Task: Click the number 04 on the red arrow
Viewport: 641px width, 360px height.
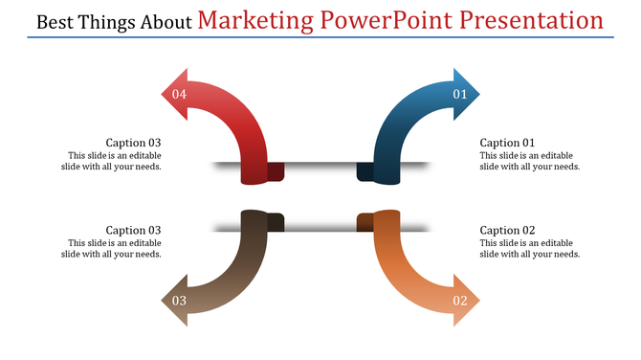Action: click(179, 94)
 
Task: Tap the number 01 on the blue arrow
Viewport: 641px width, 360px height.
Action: click(459, 94)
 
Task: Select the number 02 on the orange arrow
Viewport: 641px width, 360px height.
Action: click(459, 301)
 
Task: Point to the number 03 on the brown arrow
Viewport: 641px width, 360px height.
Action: click(179, 301)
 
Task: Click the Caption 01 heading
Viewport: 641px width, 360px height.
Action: click(507, 143)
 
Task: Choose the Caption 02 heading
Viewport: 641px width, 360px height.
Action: click(507, 230)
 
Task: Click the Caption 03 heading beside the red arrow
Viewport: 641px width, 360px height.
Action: click(133, 143)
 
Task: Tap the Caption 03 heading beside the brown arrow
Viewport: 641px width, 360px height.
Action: click(133, 230)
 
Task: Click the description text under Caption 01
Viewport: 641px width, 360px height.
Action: click(529, 161)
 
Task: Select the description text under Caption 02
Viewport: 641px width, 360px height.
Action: click(529, 248)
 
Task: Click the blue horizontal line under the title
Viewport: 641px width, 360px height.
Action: click(320, 38)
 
